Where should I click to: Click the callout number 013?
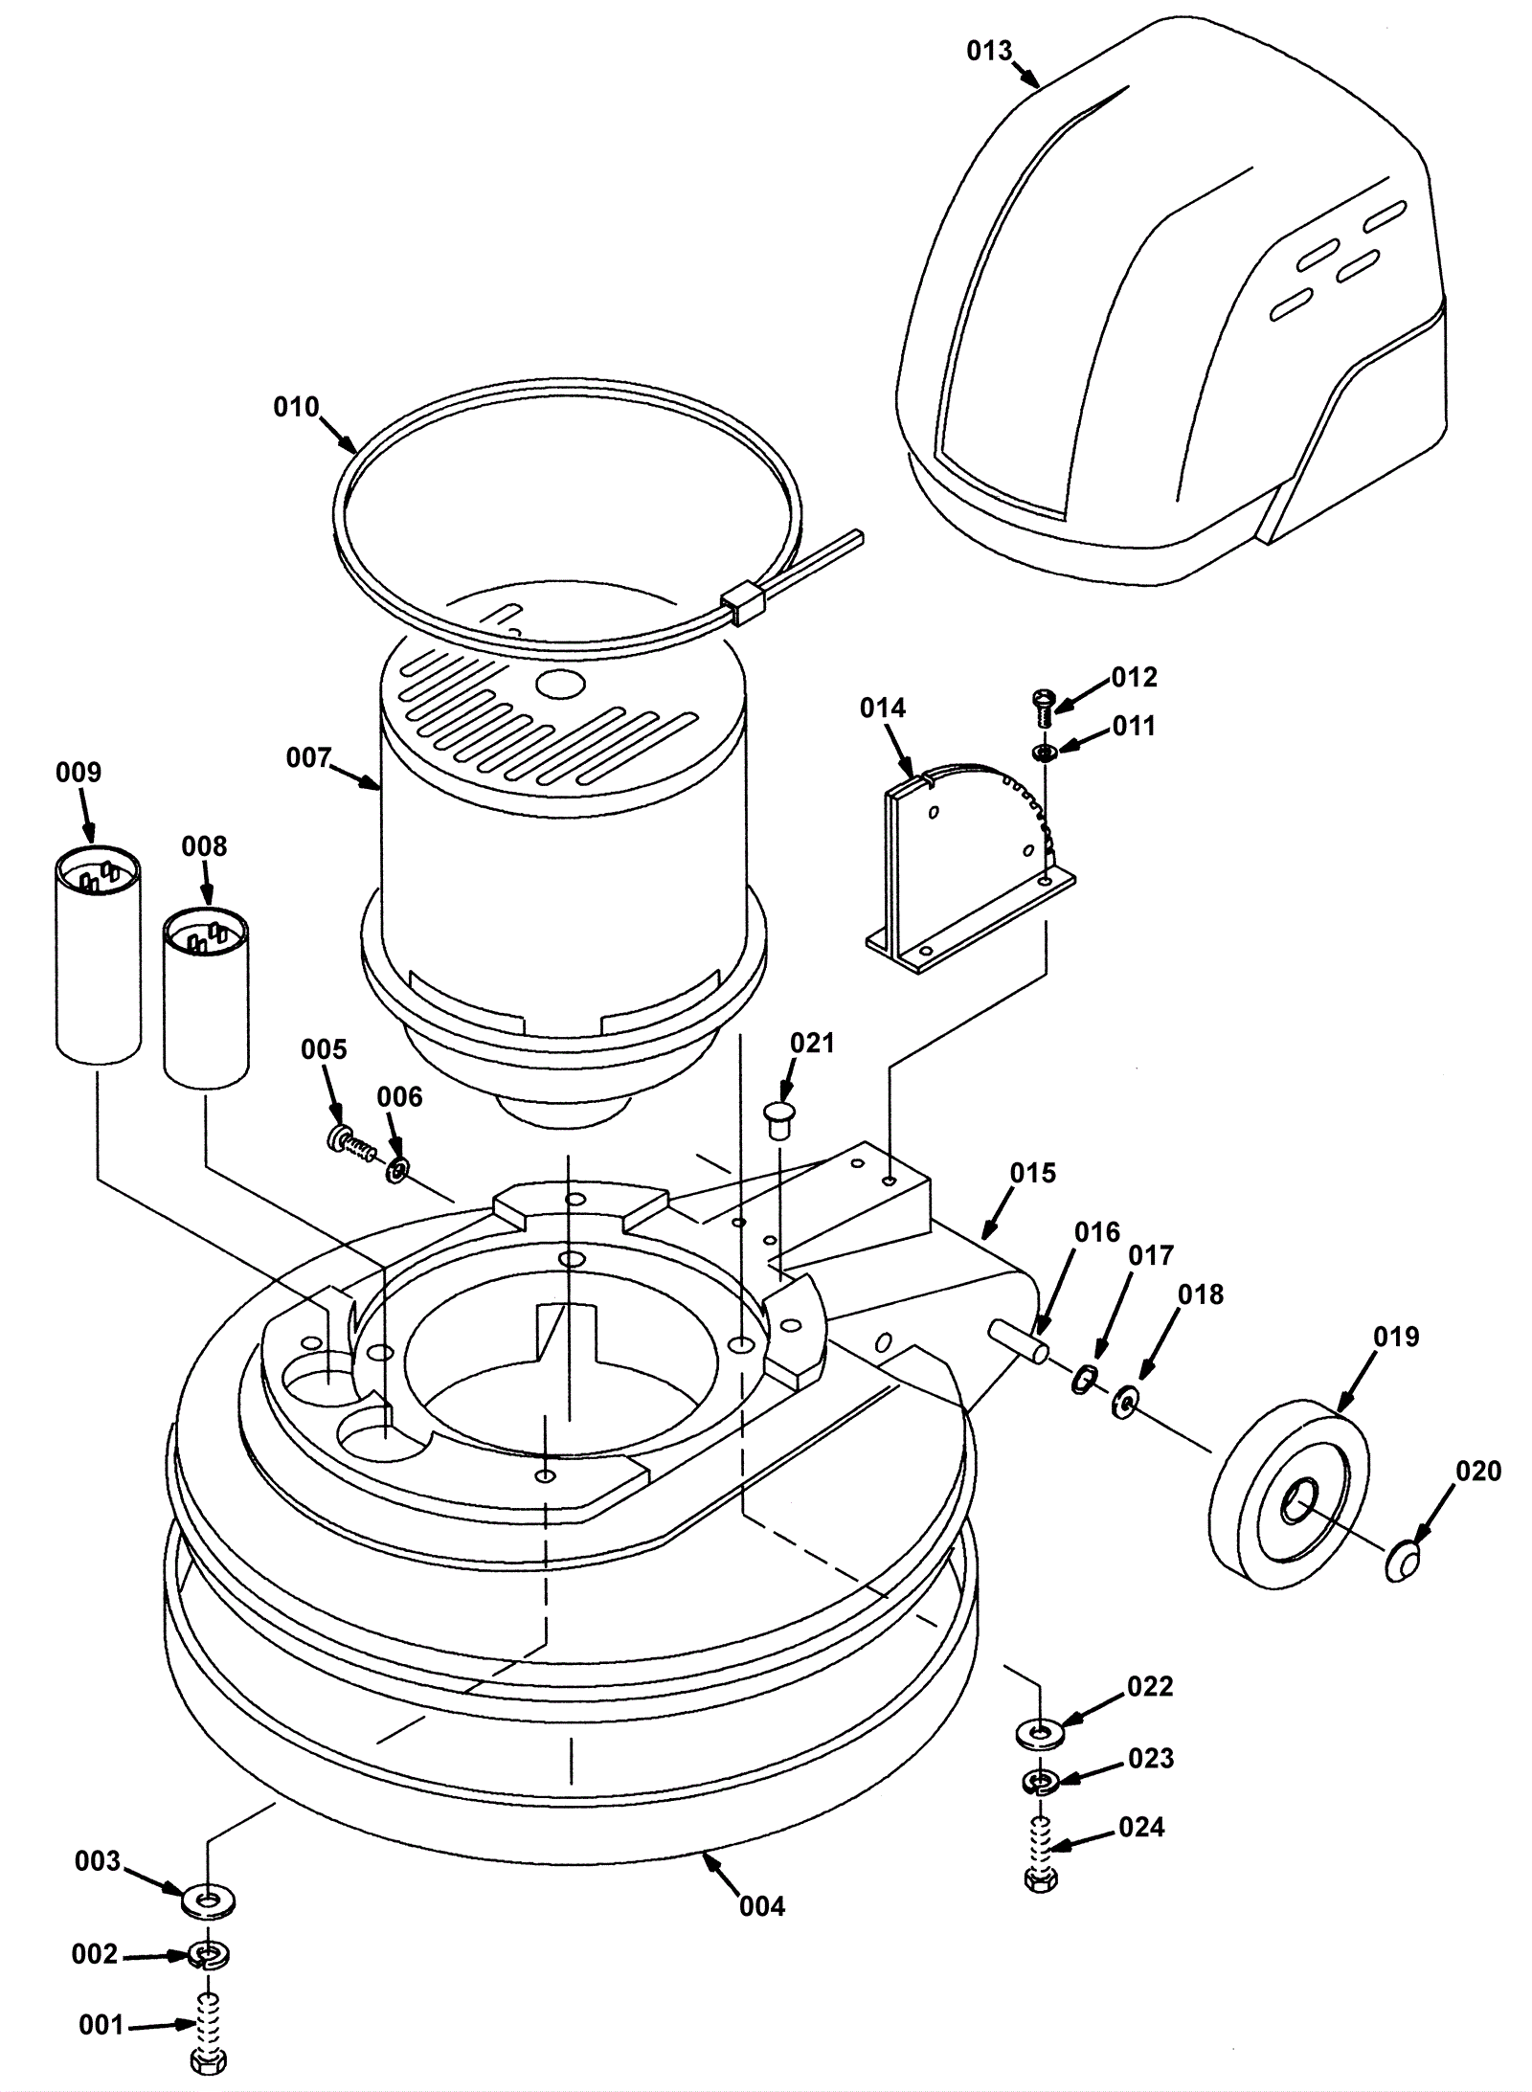point(988,50)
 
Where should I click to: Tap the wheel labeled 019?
point(1289,1496)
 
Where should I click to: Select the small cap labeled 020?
point(1401,1563)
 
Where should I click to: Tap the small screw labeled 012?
point(1043,709)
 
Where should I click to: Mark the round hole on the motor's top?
point(560,684)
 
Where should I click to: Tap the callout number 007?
point(307,758)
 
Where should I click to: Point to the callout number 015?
point(1032,1173)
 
